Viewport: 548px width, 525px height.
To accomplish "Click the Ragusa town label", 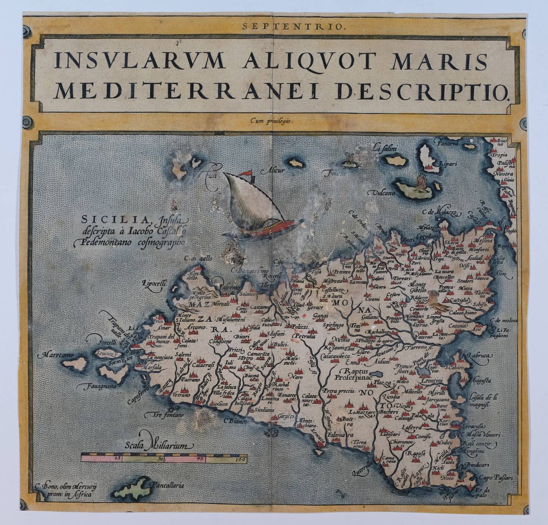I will [416, 453].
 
